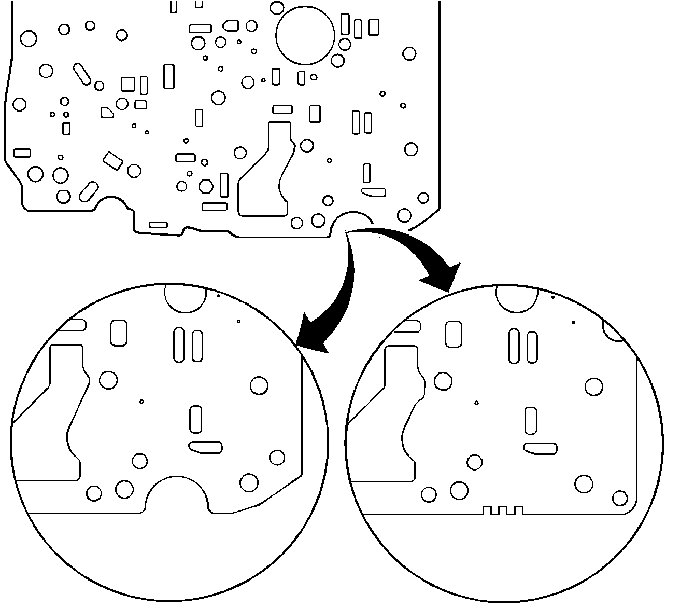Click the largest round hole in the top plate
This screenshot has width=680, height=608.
(305, 35)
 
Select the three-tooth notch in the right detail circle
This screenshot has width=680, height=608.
(502, 510)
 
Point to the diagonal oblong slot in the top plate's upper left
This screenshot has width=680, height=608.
(82, 74)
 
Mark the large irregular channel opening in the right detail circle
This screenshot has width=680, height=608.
(394, 415)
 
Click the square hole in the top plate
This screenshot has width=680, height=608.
(128, 84)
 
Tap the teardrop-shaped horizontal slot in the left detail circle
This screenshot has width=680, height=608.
(206, 447)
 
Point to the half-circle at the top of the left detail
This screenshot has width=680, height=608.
(185, 297)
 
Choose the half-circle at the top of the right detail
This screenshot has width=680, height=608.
(517, 298)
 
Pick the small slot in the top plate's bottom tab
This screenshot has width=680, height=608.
(158, 225)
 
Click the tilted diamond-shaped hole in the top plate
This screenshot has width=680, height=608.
(112, 161)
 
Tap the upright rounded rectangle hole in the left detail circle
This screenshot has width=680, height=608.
(119, 333)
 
